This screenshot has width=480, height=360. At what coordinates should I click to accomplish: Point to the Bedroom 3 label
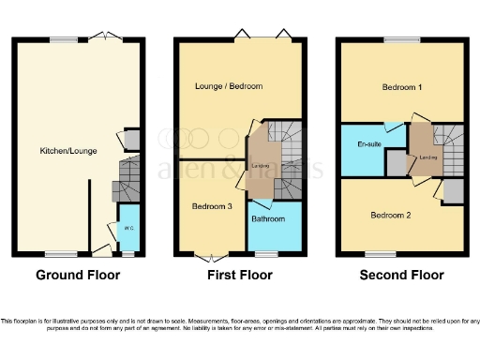pyautogui.click(x=212, y=206)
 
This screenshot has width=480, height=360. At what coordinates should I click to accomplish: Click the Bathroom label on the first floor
pyautogui.click(x=273, y=219)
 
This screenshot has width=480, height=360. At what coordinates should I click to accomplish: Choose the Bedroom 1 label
pyautogui.click(x=402, y=87)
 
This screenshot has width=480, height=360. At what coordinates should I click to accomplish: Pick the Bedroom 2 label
pyautogui.click(x=391, y=215)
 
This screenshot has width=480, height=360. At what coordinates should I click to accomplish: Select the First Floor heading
pyautogui.click(x=240, y=276)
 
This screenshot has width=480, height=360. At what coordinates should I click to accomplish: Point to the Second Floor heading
pyautogui.click(x=401, y=276)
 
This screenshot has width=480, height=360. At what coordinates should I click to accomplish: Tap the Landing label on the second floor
pyautogui.click(x=427, y=157)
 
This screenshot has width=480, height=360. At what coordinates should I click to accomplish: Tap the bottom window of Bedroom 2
pyautogui.click(x=380, y=253)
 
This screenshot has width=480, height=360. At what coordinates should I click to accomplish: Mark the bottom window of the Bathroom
pyautogui.click(x=269, y=253)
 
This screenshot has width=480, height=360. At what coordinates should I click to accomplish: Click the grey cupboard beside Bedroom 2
pyautogui.click(x=453, y=190)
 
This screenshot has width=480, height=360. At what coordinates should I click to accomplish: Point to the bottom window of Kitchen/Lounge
pyautogui.click(x=63, y=253)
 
